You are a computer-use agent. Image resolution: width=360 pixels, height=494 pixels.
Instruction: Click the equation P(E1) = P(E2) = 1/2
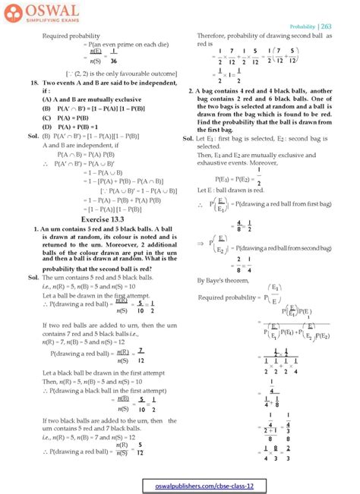click(235, 171)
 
